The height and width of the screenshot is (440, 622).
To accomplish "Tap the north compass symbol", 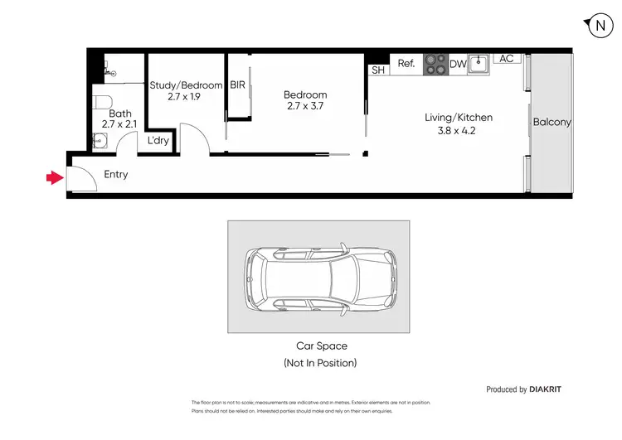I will point(600,26).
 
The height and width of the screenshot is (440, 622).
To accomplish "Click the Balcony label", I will point(552,122).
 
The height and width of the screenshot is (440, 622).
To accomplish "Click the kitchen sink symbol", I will point(477,63).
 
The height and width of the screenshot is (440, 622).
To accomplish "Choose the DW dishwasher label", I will point(457,64).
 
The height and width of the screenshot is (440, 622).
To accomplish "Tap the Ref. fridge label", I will point(406,63).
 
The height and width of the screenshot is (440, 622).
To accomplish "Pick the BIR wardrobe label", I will point(237,85).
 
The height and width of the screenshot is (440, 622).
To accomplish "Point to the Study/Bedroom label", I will point(186,85).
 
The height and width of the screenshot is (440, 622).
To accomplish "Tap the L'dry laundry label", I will point(158,141).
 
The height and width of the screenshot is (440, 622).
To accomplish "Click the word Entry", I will point(116,175).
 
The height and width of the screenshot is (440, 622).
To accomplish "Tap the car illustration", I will point(319,276).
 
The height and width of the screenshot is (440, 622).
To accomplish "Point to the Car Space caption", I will point(322,346).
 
